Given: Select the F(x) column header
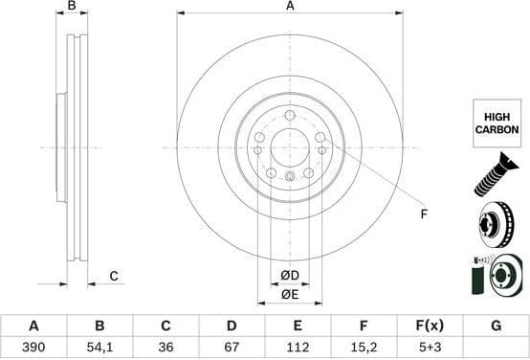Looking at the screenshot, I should click(430, 326).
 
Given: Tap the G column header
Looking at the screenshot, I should click(496, 326).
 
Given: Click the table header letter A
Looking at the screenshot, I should click(33, 326).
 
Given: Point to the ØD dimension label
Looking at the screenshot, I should click(290, 277).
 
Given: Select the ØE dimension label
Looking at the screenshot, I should click(290, 295).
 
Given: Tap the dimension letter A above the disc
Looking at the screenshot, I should click(290, 7).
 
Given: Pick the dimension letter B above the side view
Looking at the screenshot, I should click(72, 7).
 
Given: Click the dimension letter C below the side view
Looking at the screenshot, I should click(113, 277).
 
